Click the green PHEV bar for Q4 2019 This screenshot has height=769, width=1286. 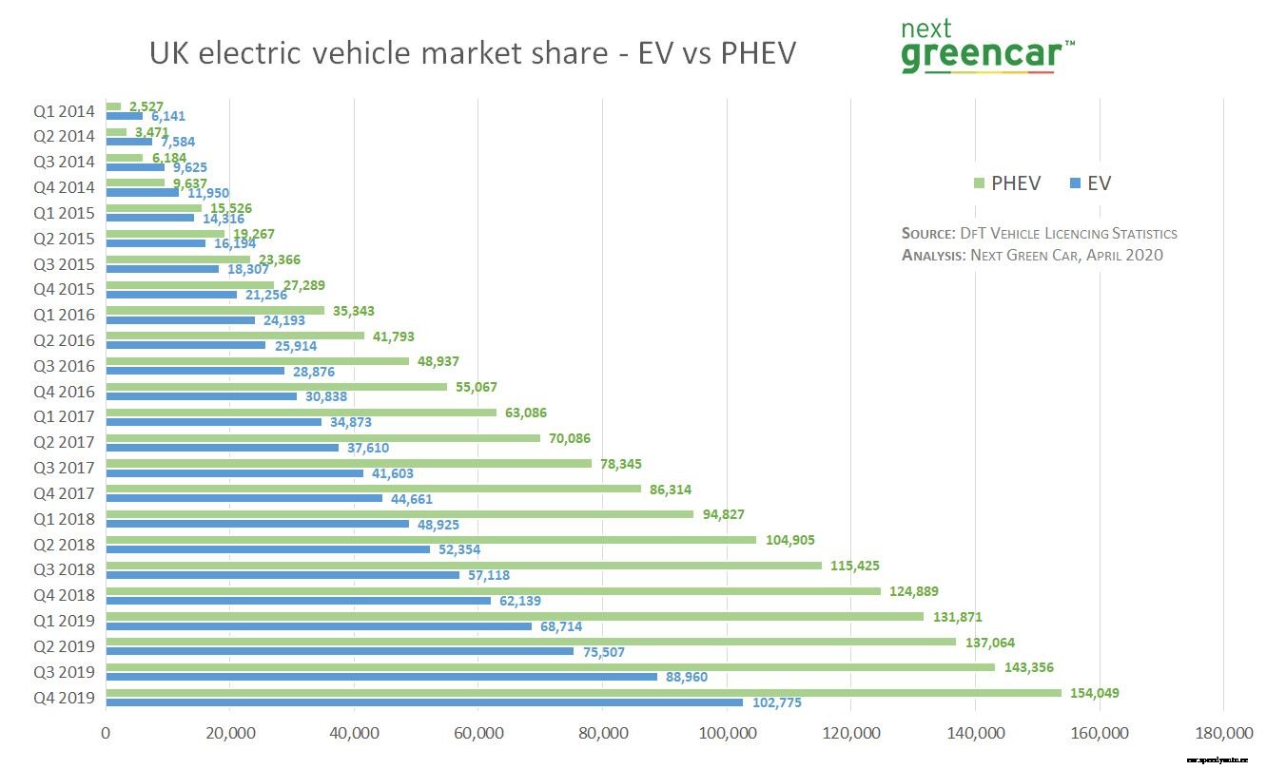[x=583, y=693]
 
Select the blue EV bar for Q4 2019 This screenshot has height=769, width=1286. [x=424, y=702]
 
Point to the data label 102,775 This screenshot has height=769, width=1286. [x=776, y=703]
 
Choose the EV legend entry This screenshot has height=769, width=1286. [x=1090, y=183]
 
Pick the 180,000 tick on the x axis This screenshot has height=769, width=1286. [x=1223, y=734]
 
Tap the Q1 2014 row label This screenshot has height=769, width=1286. [x=65, y=111]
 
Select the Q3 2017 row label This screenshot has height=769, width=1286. [x=65, y=468]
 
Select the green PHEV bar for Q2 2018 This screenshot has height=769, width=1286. [x=431, y=540]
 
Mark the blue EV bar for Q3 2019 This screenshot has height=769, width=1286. [x=381, y=677]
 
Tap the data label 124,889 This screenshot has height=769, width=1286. [x=913, y=591]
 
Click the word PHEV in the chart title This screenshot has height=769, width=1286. [x=757, y=54]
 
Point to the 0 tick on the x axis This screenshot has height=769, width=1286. [x=106, y=734]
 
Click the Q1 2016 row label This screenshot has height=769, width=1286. [x=65, y=315]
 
